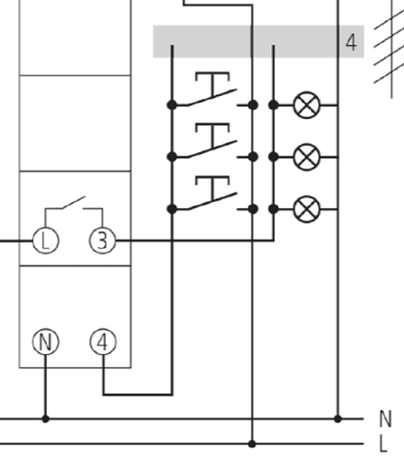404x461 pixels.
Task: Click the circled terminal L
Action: tap(45, 241)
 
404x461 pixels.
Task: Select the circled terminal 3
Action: tap(102, 241)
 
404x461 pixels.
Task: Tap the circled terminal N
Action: tap(45, 342)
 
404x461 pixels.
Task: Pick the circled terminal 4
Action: tap(103, 342)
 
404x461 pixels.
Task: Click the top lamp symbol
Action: tap(306, 105)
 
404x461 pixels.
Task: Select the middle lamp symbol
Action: tap(306, 157)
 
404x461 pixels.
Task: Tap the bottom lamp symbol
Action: tap(306, 209)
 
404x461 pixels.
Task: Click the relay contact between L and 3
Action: tap(74, 204)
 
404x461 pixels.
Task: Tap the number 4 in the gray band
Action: tap(351, 42)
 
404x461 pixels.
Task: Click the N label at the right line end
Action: tap(386, 419)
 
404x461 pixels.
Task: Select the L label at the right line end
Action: tap(383, 443)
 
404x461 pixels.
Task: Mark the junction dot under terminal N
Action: tap(45, 419)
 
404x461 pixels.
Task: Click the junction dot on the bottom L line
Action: tap(252, 443)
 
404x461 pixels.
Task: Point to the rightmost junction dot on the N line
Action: tap(338, 419)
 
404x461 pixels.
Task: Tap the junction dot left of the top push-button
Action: tap(172, 105)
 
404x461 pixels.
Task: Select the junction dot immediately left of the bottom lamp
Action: tap(273, 209)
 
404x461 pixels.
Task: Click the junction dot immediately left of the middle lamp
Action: tap(273, 157)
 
